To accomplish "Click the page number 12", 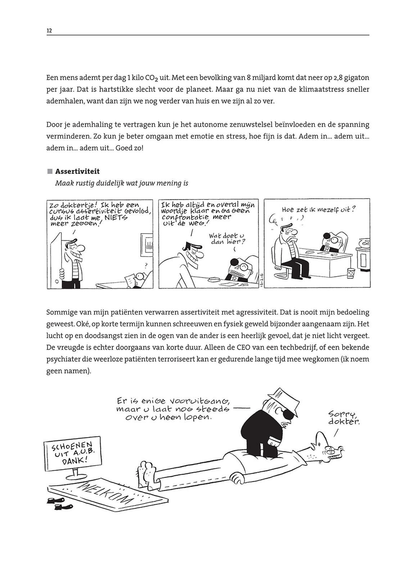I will pos(49,31).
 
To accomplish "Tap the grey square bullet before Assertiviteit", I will pos(50,171).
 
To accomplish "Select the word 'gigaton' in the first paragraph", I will pos(357,78).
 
